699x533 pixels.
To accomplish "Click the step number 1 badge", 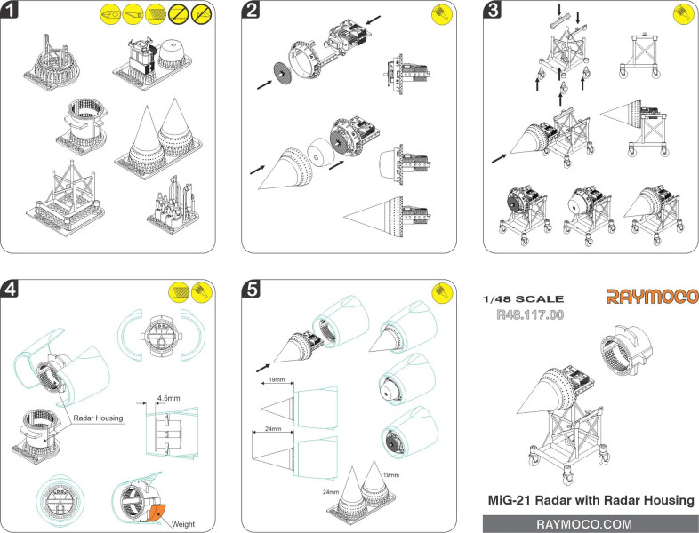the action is pos(10,10).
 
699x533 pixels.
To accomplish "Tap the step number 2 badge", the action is pos(251,10).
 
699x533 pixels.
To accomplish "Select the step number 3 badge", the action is pos(493,10).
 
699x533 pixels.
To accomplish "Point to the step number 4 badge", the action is pos(10,289).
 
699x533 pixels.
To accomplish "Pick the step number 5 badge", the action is pos(251,289).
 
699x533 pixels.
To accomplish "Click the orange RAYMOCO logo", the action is pos(652,297).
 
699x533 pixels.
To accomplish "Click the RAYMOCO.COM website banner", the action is pos(591,524).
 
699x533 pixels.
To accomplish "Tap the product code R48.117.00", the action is pos(530,314).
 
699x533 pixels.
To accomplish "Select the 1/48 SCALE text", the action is pos(523,298).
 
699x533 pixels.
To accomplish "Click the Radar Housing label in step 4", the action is pos(98,418).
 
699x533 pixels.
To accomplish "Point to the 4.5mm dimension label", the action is pos(168,398).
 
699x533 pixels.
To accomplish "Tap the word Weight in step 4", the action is pos(183,524).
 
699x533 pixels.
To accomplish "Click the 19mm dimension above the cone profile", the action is pos(277,380).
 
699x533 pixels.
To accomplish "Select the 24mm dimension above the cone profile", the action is pos(273,429).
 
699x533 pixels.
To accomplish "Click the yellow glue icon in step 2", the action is pos(442,14).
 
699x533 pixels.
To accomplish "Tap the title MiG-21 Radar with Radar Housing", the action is pos(591,500).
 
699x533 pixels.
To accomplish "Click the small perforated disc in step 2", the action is pos(282,72).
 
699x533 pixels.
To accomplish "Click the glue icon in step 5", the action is pos(442,293).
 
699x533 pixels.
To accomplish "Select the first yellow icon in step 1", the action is pos(110,14).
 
